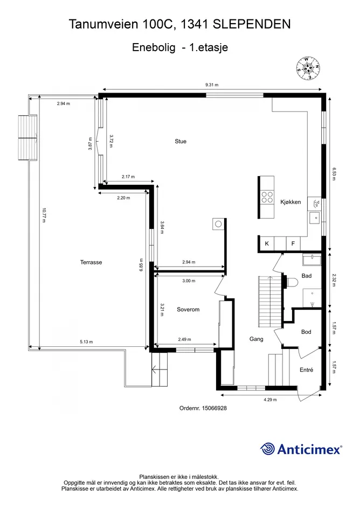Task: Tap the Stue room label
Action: pyautogui.click(x=181, y=141)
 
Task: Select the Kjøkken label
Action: pyautogui.click(x=290, y=202)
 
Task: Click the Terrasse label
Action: pyautogui.click(x=91, y=262)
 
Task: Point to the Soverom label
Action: pyautogui.click(x=188, y=309)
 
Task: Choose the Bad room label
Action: pyautogui.click(x=307, y=276)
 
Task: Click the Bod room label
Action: pyautogui.click(x=306, y=332)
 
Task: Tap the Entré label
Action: pyautogui.click(x=307, y=369)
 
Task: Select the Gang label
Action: pyautogui.click(x=256, y=339)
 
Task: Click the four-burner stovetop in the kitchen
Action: pyautogui.click(x=267, y=197)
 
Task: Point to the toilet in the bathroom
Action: pyautogui.click(x=292, y=282)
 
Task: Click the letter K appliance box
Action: pyautogui.click(x=267, y=243)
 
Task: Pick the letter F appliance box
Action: pyautogui.click(x=293, y=243)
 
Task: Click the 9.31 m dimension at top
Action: pyautogui.click(x=212, y=85)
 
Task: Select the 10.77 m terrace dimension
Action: pyautogui.click(x=44, y=215)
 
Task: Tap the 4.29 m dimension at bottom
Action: pyautogui.click(x=270, y=400)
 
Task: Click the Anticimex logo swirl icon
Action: pyautogui.click(x=267, y=449)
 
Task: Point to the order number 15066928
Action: pyautogui.click(x=214, y=408)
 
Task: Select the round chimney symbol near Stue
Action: pyautogui.click(x=218, y=224)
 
